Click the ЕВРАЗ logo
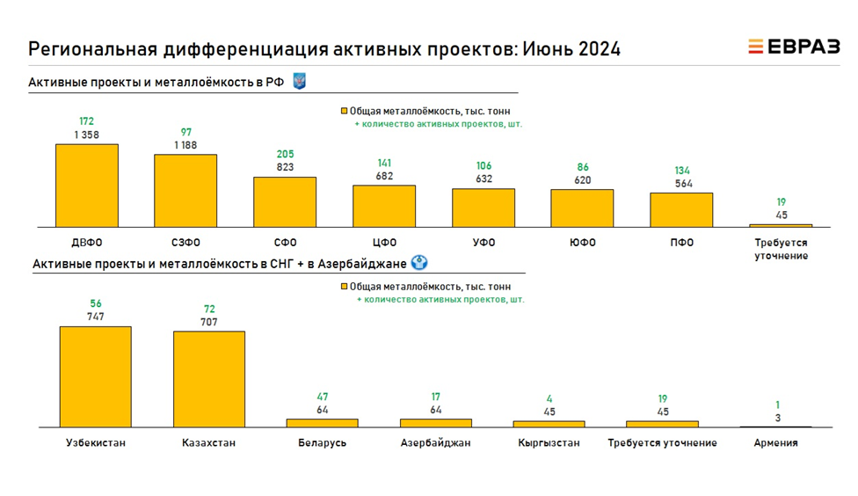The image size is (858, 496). click(x=793, y=47)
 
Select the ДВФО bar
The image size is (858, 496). click(x=86, y=186)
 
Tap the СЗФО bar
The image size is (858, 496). click(x=185, y=191)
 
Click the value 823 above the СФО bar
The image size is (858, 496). click(x=285, y=167)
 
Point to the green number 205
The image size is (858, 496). click(x=285, y=153)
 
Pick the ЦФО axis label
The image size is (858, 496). click(x=384, y=243)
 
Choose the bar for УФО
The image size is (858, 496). click(x=484, y=208)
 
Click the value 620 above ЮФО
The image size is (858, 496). click(x=582, y=179)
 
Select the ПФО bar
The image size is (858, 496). click(x=681, y=210)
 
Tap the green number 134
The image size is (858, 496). click(x=681, y=170)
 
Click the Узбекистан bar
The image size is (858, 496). click(x=95, y=376)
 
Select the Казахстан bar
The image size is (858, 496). click(x=208, y=379)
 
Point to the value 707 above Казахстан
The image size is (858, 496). click(x=208, y=322)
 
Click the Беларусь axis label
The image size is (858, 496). click(x=322, y=443)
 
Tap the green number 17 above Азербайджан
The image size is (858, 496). click(x=435, y=397)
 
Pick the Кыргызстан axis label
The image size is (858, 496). click(x=549, y=443)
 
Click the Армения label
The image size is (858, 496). click(x=775, y=443)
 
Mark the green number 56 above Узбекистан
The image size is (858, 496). click(x=95, y=303)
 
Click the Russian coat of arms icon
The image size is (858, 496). click(x=298, y=82)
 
